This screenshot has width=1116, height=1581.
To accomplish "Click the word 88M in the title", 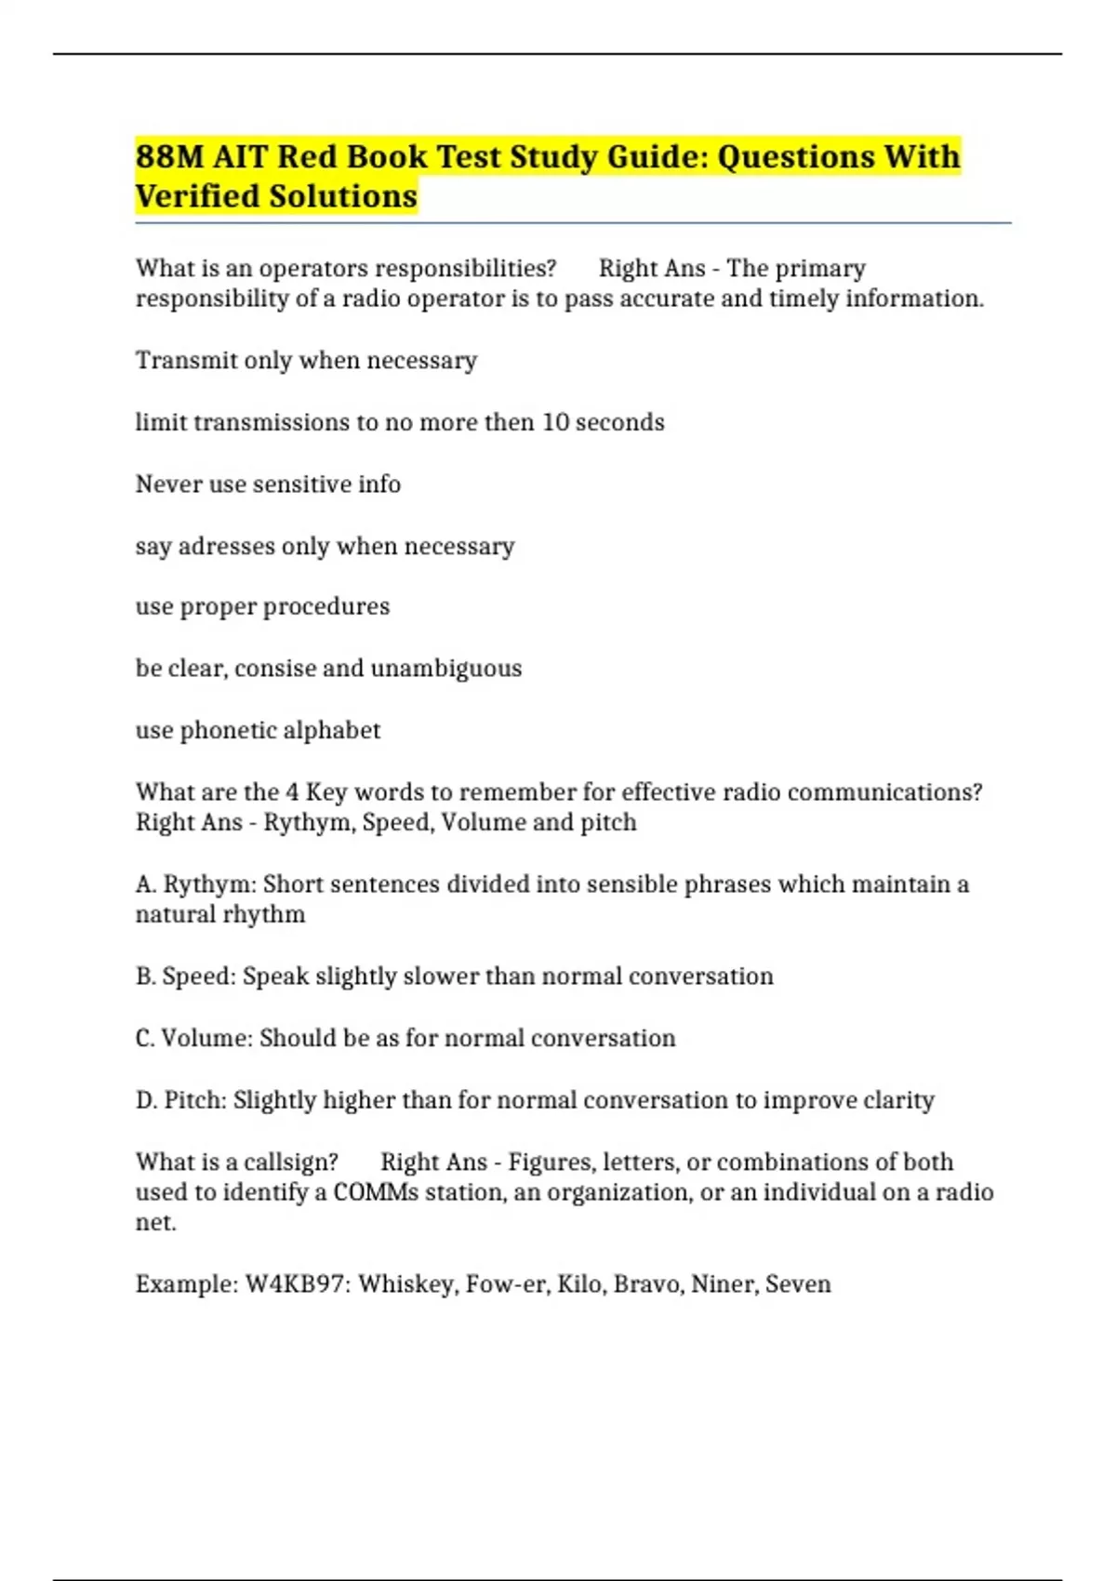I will pyautogui.click(x=169, y=156).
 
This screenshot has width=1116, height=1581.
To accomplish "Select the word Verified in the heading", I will pyautogui.click(x=196, y=196).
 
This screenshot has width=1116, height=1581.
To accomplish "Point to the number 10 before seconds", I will pyautogui.click(x=555, y=422).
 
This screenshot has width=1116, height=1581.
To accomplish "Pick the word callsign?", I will pyautogui.click(x=290, y=1162).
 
